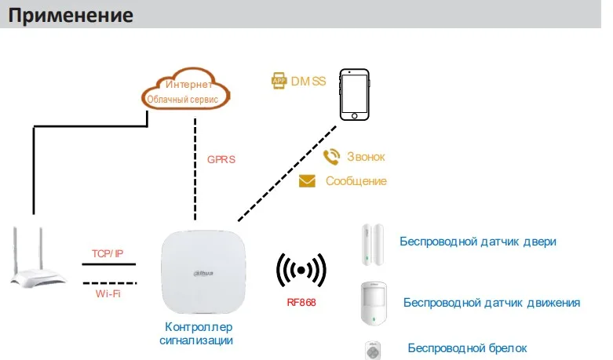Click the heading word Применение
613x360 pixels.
pos(71,15)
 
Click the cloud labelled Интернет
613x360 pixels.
pos(187,90)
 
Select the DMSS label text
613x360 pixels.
pos(308,80)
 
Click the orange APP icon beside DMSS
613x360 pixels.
pos(278,80)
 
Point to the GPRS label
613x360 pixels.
pos(221,159)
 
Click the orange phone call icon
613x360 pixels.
pos(332,157)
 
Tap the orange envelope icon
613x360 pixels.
pos(308,181)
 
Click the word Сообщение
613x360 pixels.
pos(356,181)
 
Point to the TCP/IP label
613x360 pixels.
pos(108,253)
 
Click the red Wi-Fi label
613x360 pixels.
pos(108,293)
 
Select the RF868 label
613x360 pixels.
pos(301,302)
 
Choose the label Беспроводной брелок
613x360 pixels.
pos(467,347)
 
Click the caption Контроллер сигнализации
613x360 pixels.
pos(199,333)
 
